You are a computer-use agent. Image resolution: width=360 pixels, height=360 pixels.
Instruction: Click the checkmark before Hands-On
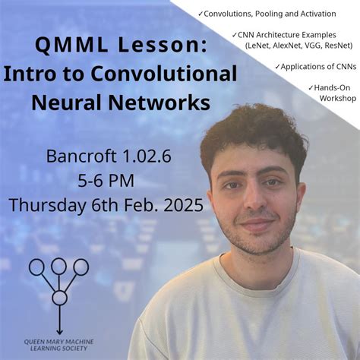pos(311,88)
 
